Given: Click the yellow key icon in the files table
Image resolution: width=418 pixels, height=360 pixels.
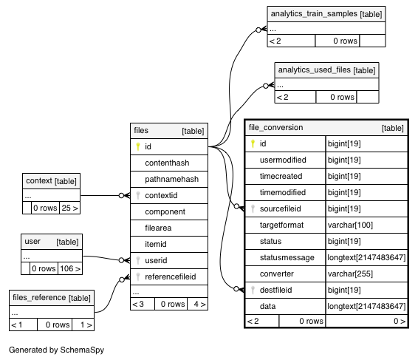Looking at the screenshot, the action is click(x=138, y=146).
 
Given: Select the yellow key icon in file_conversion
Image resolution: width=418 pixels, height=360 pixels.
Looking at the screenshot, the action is click(x=253, y=144).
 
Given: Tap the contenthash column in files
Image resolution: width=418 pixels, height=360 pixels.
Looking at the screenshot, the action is click(x=167, y=163).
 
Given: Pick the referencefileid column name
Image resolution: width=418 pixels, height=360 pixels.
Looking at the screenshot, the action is click(x=171, y=276).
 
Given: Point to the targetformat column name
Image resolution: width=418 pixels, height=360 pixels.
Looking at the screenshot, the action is click(x=281, y=225).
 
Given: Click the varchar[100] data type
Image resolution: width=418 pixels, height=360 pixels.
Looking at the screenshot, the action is click(x=350, y=225).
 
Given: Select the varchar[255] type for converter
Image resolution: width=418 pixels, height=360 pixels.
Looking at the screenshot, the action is click(x=350, y=274).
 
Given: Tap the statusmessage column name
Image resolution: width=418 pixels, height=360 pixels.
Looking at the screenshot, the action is click(x=287, y=257).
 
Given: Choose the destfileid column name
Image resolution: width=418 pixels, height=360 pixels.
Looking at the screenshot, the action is click(x=275, y=290).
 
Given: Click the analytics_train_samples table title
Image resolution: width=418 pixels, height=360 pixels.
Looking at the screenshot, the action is click(x=314, y=13).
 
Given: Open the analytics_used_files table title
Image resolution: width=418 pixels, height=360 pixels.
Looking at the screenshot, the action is click(x=314, y=70).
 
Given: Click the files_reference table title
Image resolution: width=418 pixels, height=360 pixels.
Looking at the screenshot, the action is click(x=39, y=298).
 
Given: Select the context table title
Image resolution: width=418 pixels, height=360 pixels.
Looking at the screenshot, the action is click(x=39, y=181).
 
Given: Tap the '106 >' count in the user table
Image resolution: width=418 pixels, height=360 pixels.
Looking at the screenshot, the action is click(x=70, y=268).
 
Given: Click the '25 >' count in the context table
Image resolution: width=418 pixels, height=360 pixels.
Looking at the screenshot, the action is click(x=70, y=208).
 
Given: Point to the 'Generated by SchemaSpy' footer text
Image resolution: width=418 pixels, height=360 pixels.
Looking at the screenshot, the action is click(x=57, y=350).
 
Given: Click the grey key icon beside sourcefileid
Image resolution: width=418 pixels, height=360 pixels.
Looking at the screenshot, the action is click(x=253, y=208).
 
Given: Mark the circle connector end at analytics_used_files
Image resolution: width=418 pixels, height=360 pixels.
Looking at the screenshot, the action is click(x=266, y=86).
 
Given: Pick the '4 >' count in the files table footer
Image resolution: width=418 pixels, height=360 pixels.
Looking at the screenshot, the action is click(x=199, y=305).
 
